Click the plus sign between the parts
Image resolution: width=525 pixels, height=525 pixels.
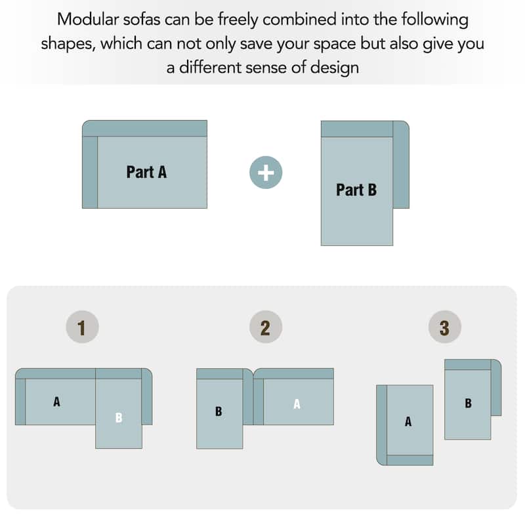coord(266,173)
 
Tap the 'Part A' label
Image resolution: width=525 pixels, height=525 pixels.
coord(146,172)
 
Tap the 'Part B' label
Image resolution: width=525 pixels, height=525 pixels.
coord(356,190)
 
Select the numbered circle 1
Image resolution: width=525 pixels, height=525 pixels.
coord(82,327)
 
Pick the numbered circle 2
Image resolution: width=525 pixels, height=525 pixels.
coord(266,327)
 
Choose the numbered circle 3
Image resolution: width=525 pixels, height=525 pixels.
coord(445,327)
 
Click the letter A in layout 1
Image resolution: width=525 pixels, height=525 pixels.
coord(56,402)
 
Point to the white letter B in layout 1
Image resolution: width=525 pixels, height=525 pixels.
coord(119,417)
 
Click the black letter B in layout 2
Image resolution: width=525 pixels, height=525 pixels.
coord(219,411)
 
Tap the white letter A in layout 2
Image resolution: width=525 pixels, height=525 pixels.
coord(297,404)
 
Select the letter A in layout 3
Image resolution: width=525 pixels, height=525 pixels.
coord(408,421)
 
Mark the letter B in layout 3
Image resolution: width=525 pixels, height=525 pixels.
coord(468,403)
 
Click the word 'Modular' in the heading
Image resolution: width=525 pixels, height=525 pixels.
coord(88,20)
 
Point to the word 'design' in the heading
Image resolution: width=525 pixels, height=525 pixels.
coord(335,68)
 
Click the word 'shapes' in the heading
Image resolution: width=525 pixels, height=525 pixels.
coord(68,44)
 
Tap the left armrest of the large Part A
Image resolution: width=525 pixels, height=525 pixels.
coord(90,172)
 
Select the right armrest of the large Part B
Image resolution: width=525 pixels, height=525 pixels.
coord(401,165)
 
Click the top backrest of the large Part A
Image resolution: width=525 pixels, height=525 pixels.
coord(144,129)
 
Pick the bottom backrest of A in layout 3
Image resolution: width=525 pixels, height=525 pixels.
coord(409,460)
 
